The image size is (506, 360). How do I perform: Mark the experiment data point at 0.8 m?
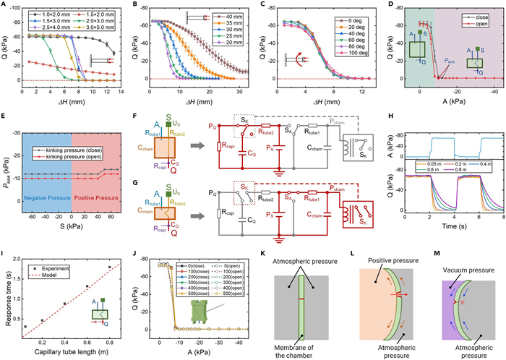tap(110, 267)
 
